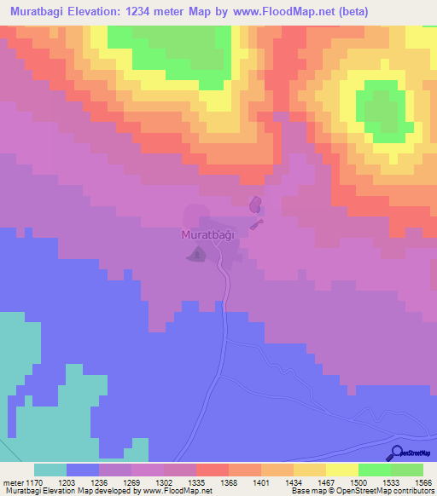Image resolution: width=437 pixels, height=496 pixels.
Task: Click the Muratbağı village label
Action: (207, 234)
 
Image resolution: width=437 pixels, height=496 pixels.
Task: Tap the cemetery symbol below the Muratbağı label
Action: (197, 254)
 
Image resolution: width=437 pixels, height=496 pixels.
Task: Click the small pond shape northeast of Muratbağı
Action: (254, 205)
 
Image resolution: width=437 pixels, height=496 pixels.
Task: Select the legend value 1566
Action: (423, 482)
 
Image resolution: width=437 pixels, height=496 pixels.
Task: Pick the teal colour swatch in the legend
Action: (50, 470)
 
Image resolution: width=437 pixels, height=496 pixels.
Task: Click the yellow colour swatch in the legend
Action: (341, 470)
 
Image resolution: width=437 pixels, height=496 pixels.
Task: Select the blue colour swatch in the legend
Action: (83, 470)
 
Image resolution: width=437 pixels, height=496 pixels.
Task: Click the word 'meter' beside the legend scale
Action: (11, 482)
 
